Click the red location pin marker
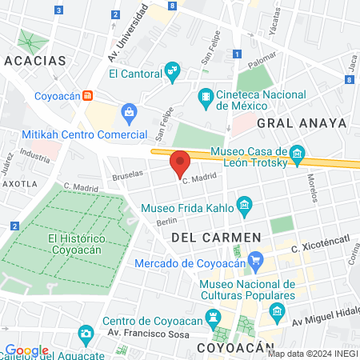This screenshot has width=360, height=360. click(181, 163)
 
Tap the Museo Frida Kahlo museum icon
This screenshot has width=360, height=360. click(245, 209)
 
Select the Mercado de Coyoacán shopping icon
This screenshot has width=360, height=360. click(256, 260)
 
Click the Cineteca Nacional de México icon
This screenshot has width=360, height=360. click(206, 99)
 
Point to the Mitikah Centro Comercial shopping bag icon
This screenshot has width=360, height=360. click(128, 111)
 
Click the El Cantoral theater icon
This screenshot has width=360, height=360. click(172, 73)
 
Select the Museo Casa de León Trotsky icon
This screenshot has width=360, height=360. click(298, 153)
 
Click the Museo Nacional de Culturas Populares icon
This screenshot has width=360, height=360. click(277, 310)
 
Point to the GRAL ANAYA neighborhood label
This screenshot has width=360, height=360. click(302, 122)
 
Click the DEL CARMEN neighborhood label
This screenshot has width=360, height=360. click(216, 238)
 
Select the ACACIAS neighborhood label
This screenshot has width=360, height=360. click(34, 61)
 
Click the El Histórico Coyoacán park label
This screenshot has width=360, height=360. click(76, 244)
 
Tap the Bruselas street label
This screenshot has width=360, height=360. click(129, 172)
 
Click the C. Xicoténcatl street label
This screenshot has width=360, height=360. click(322, 250)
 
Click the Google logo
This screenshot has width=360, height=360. click(27, 350)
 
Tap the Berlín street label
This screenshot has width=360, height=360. click(166, 222)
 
